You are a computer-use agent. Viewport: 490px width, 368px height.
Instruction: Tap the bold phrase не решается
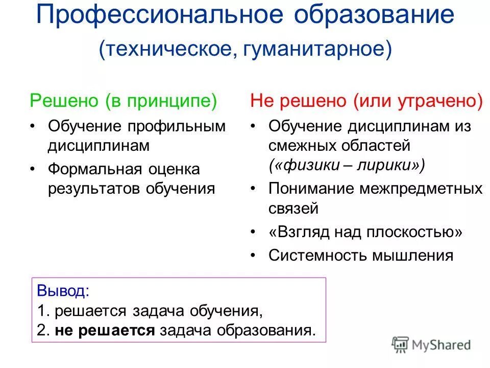coord(104,330)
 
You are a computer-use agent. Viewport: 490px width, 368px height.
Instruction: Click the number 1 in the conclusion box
coord(40,311)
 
